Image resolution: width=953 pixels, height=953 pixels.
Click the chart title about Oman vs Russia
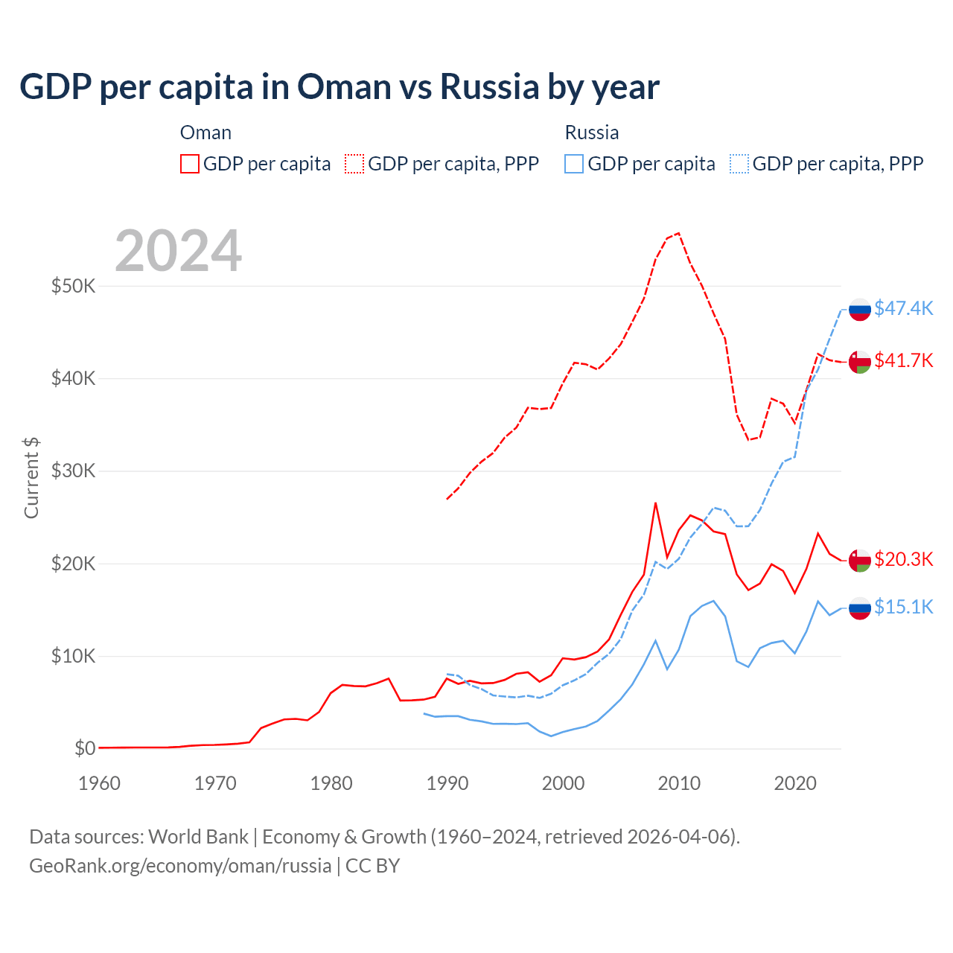pyautogui.click(x=340, y=87)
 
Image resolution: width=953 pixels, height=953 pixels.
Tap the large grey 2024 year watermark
pyautogui.click(x=179, y=251)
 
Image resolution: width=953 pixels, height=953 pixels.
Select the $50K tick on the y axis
pyautogui.click(x=73, y=286)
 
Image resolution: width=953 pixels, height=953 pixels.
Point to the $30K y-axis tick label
pyautogui.click(x=73, y=471)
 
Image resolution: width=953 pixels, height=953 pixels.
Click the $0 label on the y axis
pyautogui.click(x=85, y=748)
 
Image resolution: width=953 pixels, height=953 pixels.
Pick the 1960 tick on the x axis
pyautogui.click(x=99, y=783)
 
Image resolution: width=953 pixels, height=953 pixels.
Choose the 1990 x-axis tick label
pyautogui.click(x=447, y=783)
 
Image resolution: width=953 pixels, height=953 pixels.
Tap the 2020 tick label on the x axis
pyautogui.click(x=795, y=783)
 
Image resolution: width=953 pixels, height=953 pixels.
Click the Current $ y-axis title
pyautogui.click(x=31, y=478)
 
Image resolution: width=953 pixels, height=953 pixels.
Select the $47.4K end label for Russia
pyautogui.click(x=903, y=308)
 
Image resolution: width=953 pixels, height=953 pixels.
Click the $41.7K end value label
pyautogui.click(x=903, y=360)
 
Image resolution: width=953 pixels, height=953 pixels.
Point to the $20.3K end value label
pyautogui.click(x=903, y=559)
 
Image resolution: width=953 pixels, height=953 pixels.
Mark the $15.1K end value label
pyautogui.click(x=903, y=607)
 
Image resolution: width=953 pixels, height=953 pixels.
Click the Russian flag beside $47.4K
pyautogui.click(x=860, y=309)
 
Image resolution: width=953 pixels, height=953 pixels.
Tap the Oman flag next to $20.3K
pyautogui.click(x=860, y=560)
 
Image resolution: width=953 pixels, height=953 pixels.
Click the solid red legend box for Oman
pyautogui.click(x=190, y=164)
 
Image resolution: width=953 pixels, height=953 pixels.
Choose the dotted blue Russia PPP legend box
pyautogui.click(x=739, y=164)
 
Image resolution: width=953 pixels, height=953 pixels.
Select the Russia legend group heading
pyautogui.click(x=592, y=133)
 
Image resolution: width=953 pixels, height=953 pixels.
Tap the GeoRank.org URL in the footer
pyautogui.click(x=180, y=866)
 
